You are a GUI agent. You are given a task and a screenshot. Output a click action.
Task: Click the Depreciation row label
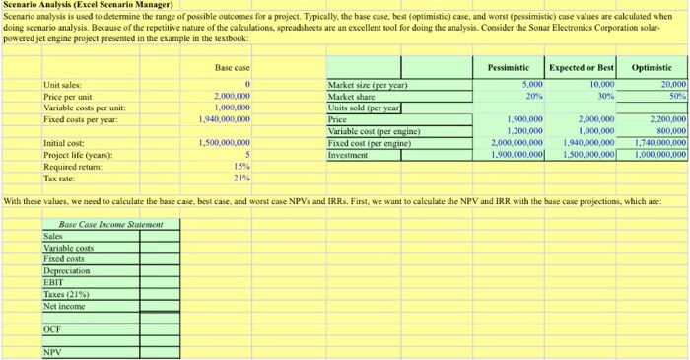(x=67, y=269)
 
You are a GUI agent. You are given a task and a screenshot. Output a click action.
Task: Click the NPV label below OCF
(x=52, y=350)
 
